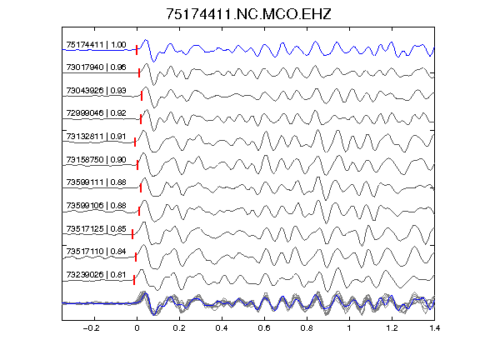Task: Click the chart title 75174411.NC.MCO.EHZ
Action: pos(248,14)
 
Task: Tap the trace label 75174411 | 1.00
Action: pos(96,45)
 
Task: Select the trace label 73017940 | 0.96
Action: pos(96,67)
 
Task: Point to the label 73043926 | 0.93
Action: pos(96,90)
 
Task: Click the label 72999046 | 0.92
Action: pos(96,113)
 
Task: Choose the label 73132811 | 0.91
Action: pos(96,136)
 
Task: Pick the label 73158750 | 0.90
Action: pos(96,159)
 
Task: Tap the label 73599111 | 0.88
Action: pos(96,182)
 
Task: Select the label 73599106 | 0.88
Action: pos(96,205)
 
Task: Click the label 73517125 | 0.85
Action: pos(96,228)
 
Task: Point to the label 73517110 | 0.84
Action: pos(96,252)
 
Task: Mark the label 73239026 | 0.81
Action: pos(96,275)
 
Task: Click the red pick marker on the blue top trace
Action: pos(137,50)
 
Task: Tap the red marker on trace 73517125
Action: pos(132,234)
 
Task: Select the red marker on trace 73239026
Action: pos(134,280)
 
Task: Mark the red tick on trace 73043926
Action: pos(142,96)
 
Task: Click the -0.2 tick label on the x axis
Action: pos(91,328)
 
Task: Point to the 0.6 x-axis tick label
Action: pos(264,328)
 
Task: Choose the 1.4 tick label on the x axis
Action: pos(434,328)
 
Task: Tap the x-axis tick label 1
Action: pos(349,328)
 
